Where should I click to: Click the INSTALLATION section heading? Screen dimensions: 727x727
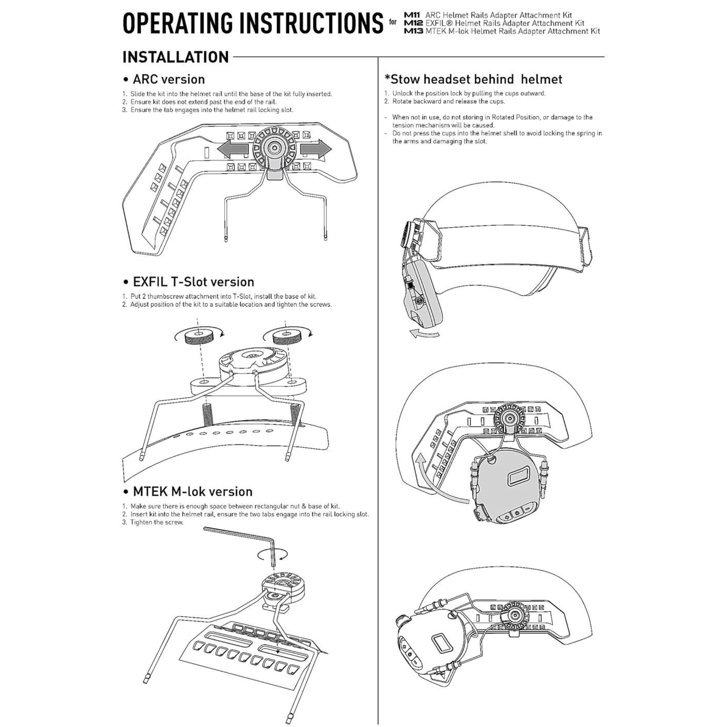pos(176,57)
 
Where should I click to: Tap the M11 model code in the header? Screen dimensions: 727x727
pos(413,15)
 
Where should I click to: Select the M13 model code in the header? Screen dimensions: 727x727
pos(413,31)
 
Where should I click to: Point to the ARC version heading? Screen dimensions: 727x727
pos(169,79)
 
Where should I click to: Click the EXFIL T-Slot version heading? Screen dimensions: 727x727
pos(193,282)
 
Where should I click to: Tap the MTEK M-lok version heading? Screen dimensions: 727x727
pos(192,491)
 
